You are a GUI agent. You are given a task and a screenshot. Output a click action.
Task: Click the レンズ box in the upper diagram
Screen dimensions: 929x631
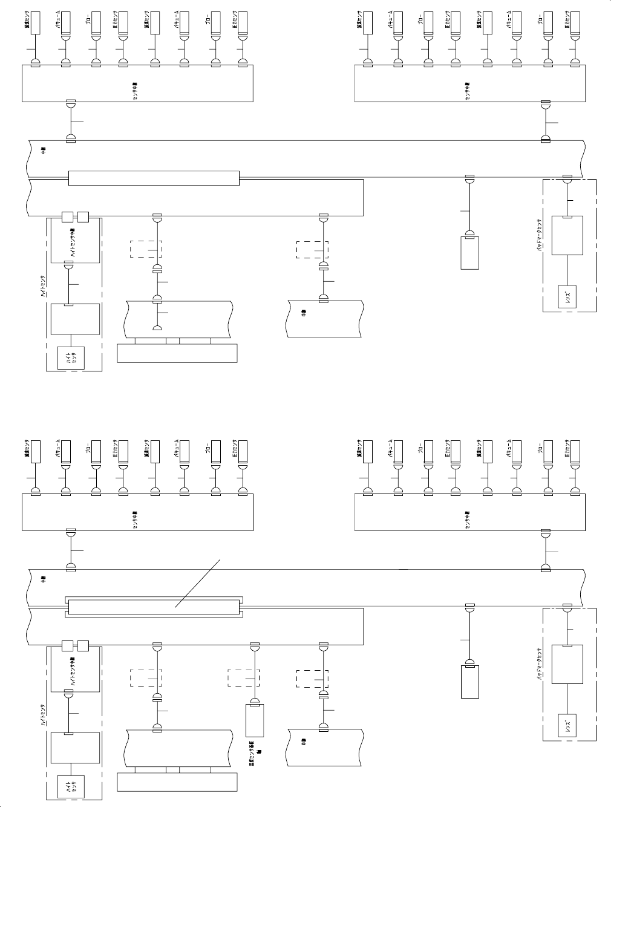[568, 296]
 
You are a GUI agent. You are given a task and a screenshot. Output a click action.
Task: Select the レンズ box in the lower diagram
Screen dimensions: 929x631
[568, 725]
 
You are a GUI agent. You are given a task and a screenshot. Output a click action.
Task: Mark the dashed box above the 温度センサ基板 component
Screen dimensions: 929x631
[244, 678]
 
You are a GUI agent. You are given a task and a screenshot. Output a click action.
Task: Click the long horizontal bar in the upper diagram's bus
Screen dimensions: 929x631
[154, 178]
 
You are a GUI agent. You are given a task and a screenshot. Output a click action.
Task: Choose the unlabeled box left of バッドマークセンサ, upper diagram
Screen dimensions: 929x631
[469, 253]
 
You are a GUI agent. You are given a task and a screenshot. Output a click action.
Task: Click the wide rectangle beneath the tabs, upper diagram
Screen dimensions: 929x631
[177, 353]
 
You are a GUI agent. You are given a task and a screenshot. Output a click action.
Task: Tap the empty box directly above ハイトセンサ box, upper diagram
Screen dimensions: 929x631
[75, 319]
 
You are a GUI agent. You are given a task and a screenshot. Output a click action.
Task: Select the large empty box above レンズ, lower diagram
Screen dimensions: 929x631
[568, 665]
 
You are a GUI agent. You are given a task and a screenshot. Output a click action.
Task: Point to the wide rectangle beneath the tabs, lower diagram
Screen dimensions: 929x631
[177, 782]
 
